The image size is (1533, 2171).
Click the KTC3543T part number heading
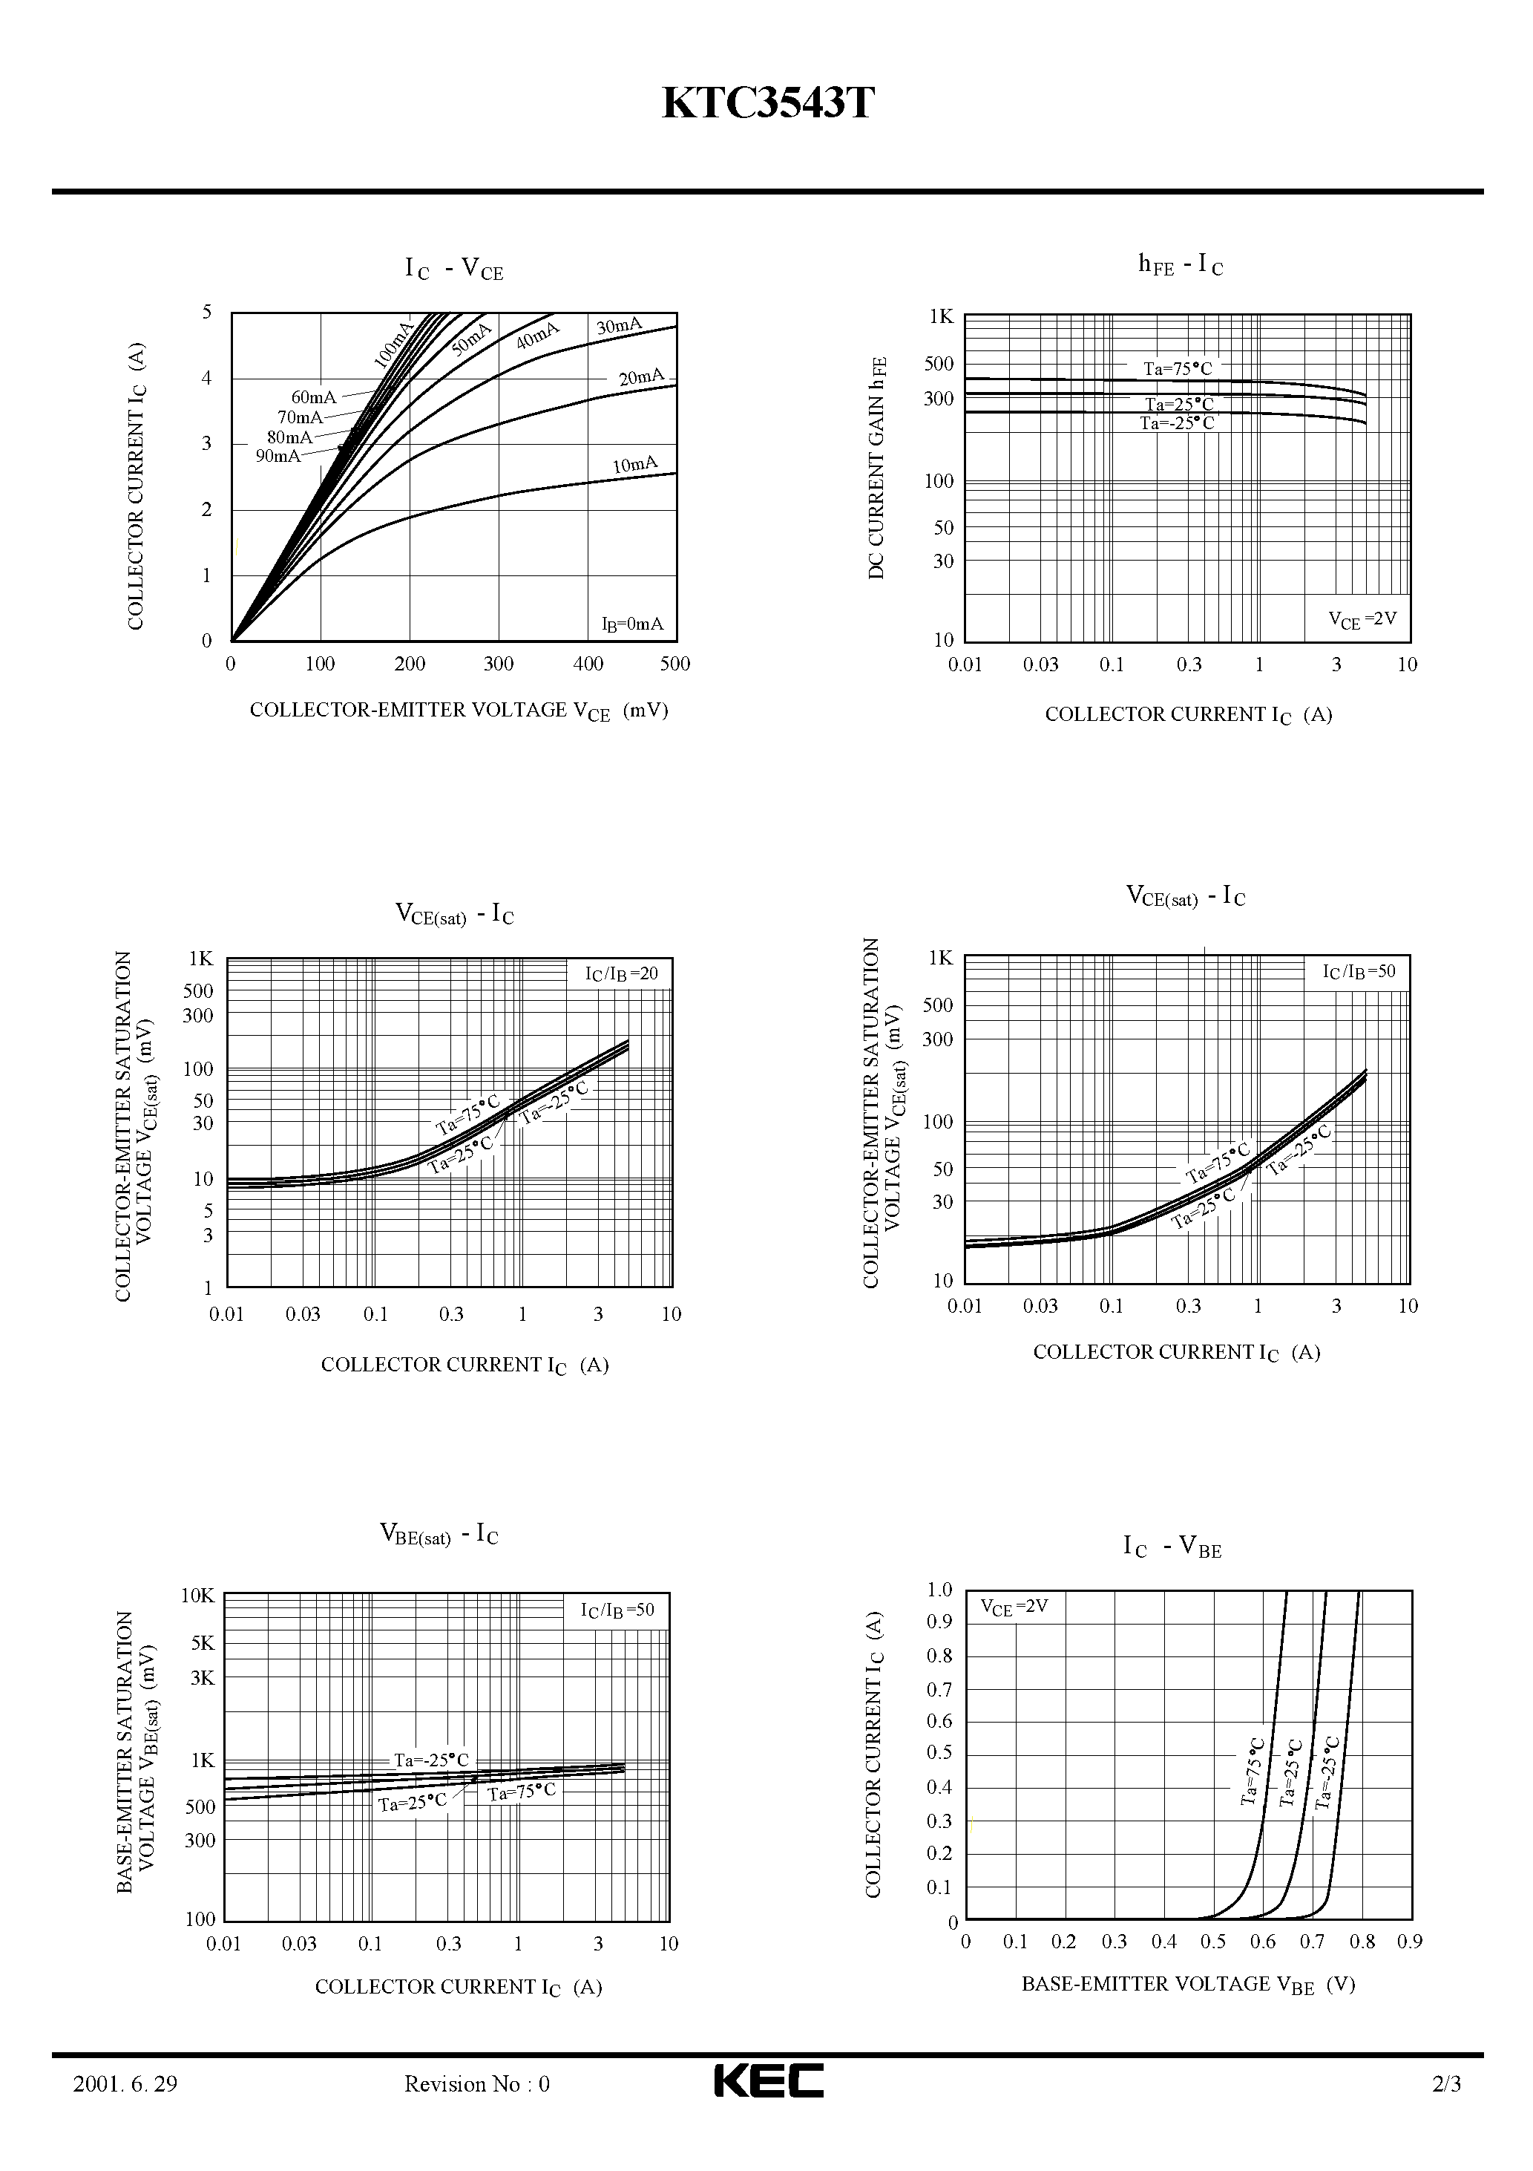767,104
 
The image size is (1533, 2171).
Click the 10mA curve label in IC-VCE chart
634,464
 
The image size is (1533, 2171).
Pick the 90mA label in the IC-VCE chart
278,456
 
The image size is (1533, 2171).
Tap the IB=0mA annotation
632,624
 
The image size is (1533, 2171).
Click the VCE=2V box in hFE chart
1362,619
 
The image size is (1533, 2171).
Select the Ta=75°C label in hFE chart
1178,369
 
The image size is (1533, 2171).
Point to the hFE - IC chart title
1181,266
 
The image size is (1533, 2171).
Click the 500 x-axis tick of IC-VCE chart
674,664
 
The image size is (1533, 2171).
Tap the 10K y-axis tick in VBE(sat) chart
198,1596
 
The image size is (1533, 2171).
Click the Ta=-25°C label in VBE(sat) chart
431,1760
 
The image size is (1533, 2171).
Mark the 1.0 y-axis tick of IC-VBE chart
939,1590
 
